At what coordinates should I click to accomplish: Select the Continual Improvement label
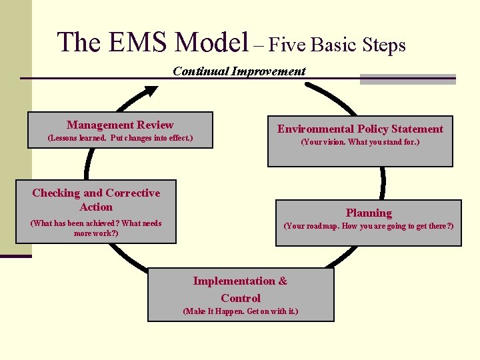239,71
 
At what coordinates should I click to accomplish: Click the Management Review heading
120,125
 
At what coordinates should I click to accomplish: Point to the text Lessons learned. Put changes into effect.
120,139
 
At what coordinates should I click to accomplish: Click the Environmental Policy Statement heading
360,129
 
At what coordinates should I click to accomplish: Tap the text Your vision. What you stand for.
360,142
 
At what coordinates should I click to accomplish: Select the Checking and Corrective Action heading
96,199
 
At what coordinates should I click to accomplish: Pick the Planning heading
369,213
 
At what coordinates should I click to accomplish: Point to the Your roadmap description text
369,226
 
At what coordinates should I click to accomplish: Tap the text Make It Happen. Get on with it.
240,311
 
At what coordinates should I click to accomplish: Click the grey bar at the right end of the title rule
407,79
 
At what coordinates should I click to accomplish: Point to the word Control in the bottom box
241,298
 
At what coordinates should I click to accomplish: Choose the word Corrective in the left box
133,193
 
